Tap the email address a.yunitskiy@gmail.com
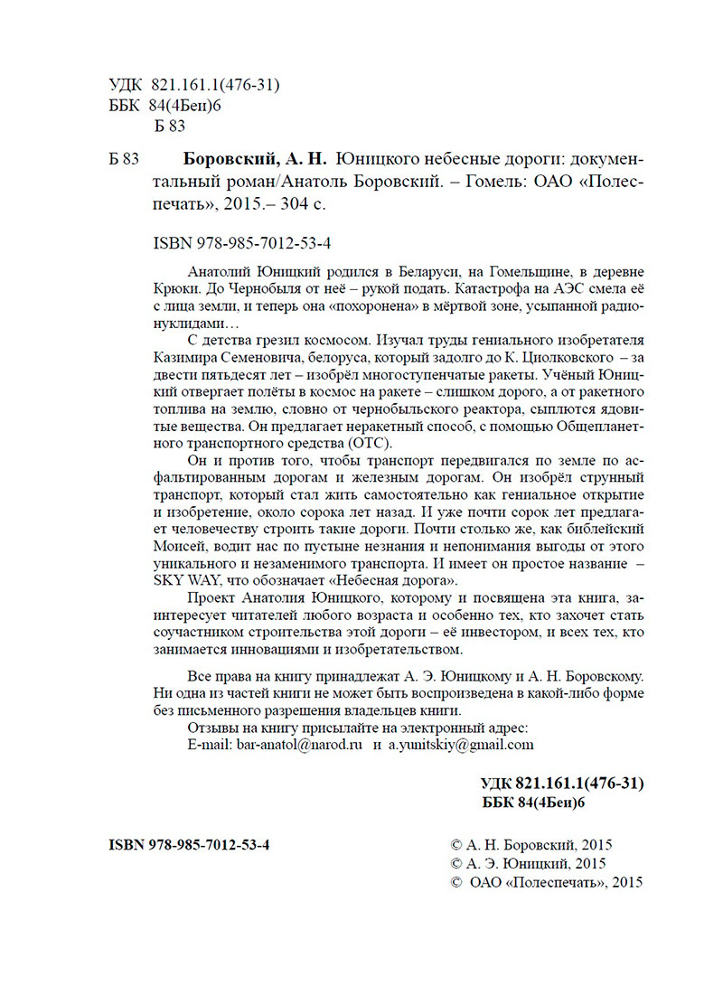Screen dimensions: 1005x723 click(x=461, y=745)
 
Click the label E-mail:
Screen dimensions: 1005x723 click(x=209, y=745)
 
